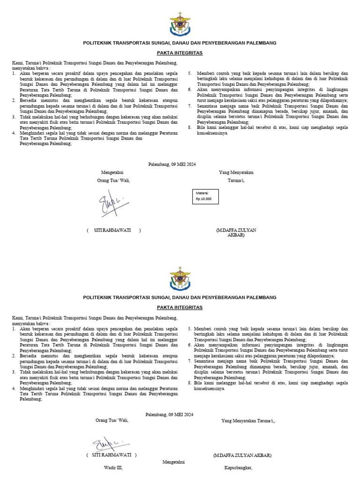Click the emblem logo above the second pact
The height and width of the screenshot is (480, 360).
click(x=180, y=279)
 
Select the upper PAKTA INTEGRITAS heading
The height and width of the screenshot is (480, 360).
click(x=180, y=53)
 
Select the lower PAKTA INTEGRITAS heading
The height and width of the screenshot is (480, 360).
click(x=180, y=307)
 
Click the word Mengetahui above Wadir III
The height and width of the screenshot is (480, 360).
click(x=173, y=462)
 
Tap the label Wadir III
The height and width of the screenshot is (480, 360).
click(x=113, y=468)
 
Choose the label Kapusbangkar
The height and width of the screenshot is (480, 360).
click(x=238, y=468)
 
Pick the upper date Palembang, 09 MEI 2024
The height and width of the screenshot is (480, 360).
click(x=172, y=164)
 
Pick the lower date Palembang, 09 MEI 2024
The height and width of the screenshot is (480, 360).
click(x=169, y=414)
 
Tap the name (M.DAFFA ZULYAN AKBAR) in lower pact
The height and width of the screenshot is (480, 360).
click(x=242, y=455)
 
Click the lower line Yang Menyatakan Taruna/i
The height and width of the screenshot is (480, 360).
click(x=248, y=421)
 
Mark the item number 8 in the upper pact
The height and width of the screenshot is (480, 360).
click(x=190, y=127)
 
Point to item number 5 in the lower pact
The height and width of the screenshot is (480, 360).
click(x=189, y=329)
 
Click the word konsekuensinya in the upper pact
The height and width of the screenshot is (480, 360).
click(x=212, y=133)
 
